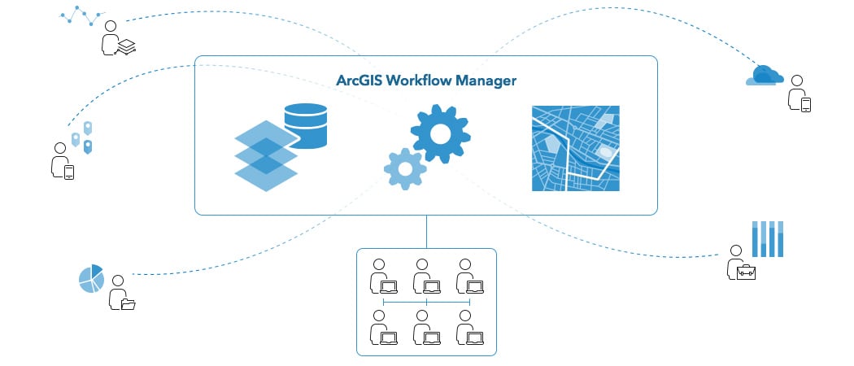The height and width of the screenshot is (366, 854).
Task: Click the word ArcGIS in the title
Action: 360,81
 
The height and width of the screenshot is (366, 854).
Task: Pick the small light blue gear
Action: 404,168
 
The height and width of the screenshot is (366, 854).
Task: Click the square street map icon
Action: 575,148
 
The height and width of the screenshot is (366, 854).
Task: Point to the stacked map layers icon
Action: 266,155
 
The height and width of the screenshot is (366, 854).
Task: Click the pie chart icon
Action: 91,278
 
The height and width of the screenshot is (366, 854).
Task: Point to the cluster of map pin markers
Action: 82,137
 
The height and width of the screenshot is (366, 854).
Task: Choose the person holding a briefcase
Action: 739,264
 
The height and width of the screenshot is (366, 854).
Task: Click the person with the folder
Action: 121,294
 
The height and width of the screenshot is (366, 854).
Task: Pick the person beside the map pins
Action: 62,161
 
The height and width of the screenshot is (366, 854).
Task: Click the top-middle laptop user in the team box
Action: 425,277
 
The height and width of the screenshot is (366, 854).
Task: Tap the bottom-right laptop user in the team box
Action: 469,328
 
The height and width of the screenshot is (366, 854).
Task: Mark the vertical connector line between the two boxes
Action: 425,231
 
